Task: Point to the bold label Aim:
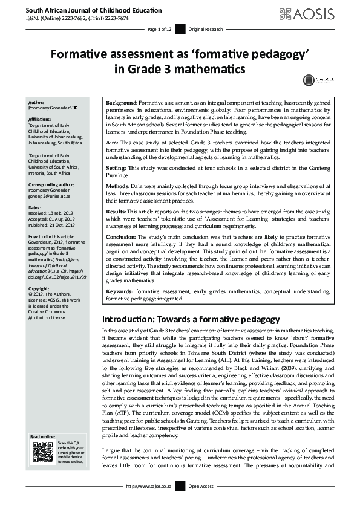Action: pos(112,140)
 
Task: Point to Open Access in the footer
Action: pos(200,503)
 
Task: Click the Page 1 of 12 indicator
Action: pos(160,29)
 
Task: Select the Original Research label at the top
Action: pos(206,29)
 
